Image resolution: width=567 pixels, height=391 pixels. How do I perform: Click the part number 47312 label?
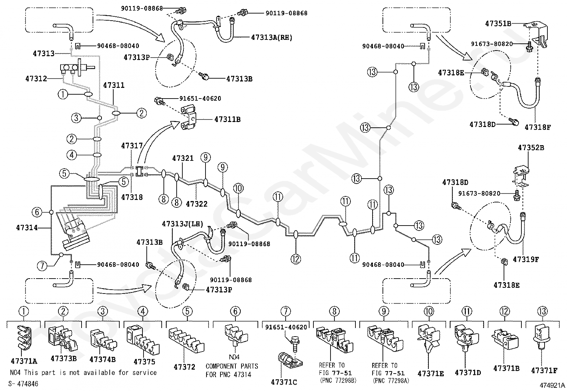[36, 79]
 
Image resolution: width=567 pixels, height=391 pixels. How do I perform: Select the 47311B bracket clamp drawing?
[189, 118]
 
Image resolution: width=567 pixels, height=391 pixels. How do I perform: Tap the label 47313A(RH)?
[272, 38]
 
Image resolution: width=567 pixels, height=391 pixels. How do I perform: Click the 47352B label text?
[531, 147]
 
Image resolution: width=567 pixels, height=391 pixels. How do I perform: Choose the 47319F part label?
[526, 259]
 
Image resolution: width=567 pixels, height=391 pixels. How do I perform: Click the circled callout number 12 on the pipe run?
[296, 259]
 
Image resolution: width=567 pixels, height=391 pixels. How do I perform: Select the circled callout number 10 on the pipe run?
[238, 188]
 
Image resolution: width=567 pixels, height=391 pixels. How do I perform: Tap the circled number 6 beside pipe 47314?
[37, 212]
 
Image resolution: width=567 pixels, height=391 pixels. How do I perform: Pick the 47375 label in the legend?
[144, 362]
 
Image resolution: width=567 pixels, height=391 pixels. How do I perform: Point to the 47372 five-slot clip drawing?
[186, 340]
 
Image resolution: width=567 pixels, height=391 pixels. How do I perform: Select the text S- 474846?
[23, 384]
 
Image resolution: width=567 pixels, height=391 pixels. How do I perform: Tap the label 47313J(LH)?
[182, 224]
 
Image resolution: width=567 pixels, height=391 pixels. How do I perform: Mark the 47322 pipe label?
[197, 204]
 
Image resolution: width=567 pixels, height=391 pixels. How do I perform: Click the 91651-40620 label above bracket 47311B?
[200, 99]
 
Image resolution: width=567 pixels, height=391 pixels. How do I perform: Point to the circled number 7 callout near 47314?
[42, 265]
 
